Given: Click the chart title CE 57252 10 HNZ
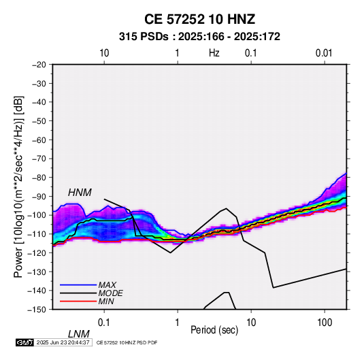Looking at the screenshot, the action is click(199, 19).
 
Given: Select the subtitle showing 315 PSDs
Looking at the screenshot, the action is click(199, 37).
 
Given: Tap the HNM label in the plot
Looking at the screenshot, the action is click(80, 193).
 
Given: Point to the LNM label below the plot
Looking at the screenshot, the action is click(78, 334).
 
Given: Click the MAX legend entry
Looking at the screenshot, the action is click(107, 284).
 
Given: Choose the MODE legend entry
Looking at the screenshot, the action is click(110, 293).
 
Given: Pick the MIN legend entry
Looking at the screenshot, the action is click(106, 301).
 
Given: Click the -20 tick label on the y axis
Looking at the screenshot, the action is click(39, 65).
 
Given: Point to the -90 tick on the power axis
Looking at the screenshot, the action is click(39, 196).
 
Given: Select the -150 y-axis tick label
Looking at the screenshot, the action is click(37, 310).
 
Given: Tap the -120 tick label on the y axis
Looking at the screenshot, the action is click(37, 252).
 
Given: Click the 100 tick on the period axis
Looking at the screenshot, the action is click(325, 323).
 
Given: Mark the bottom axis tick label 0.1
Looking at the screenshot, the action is click(104, 323).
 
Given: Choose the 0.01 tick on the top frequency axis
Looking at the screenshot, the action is click(324, 53).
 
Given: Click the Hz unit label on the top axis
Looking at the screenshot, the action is click(214, 53).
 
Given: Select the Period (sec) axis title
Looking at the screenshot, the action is click(214, 330).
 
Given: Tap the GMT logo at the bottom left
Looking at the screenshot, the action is click(24, 342).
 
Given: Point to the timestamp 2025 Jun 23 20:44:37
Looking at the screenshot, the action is click(63, 342).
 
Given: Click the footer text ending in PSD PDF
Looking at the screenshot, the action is click(127, 342).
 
